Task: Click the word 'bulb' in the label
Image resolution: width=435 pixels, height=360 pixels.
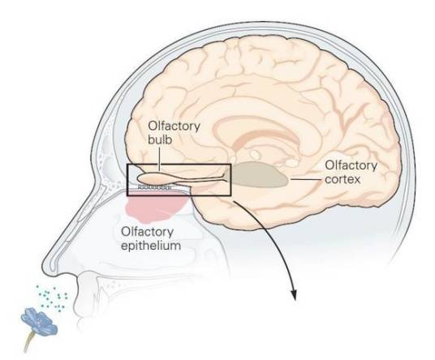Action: (160, 139)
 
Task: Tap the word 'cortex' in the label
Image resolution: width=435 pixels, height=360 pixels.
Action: (342, 179)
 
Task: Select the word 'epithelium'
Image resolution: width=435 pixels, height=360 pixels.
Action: (151, 246)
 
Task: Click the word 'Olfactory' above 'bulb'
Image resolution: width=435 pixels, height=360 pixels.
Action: (174, 126)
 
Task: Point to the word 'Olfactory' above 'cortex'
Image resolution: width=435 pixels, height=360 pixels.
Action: (351, 165)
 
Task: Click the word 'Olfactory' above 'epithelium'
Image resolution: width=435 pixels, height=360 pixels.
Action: (147, 231)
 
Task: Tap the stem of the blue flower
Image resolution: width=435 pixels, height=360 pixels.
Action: (29, 341)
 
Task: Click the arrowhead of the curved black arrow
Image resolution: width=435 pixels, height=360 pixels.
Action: (294, 295)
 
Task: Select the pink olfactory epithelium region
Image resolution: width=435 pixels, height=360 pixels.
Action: (154, 208)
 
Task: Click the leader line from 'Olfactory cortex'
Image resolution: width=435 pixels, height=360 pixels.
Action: (308, 179)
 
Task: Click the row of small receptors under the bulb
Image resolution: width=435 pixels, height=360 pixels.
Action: (154, 187)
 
